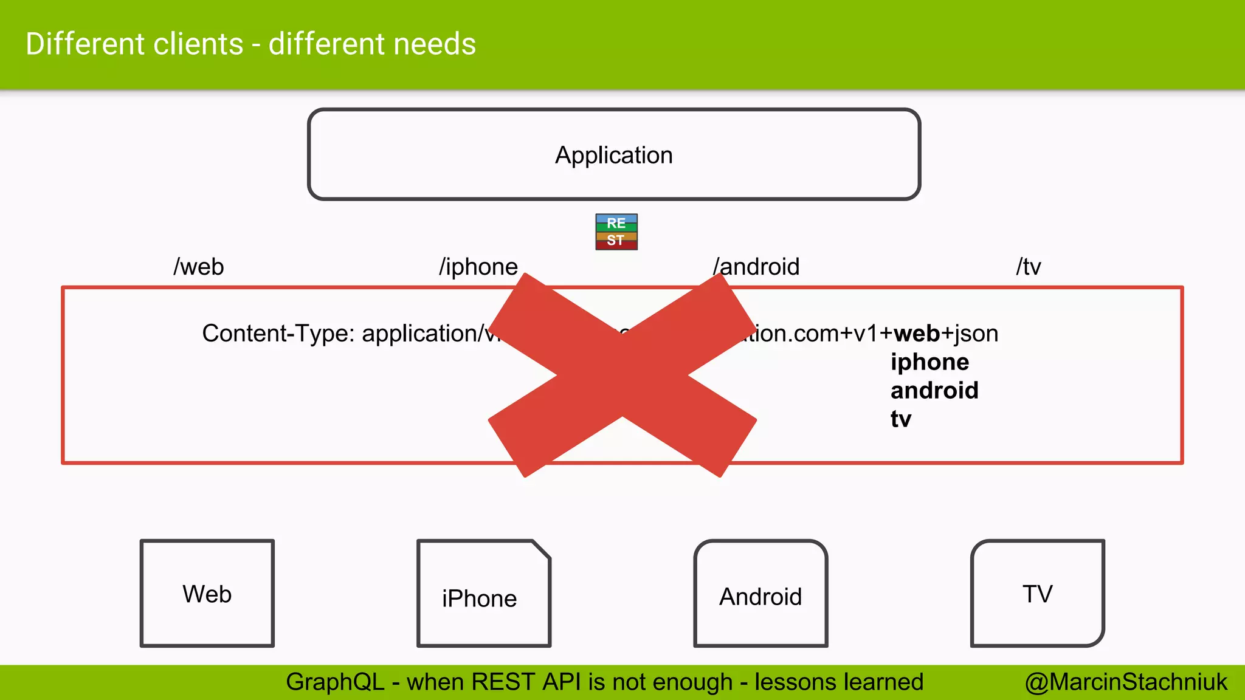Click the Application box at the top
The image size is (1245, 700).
coord(614,154)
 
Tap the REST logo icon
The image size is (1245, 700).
coord(616,232)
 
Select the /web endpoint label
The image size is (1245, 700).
coord(199,267)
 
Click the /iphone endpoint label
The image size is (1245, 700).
coord(478,267)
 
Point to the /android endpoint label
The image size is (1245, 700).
coord(756,267)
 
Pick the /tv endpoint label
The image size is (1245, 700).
coord(1029,267)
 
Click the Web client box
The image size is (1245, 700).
coord(207,593)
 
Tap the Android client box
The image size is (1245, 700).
coord(760,594)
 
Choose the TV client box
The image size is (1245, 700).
coord(1037,593)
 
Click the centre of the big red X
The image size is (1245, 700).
coord(622,375)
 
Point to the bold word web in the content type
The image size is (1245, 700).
coord(917,334)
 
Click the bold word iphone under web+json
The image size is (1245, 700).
coord(929,362)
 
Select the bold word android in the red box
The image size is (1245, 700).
coord(934,391)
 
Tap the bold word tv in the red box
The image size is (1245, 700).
coord(901,419)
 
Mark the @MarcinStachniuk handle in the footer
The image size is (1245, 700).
coord(1126,682)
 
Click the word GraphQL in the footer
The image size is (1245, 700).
coord(335,682)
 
